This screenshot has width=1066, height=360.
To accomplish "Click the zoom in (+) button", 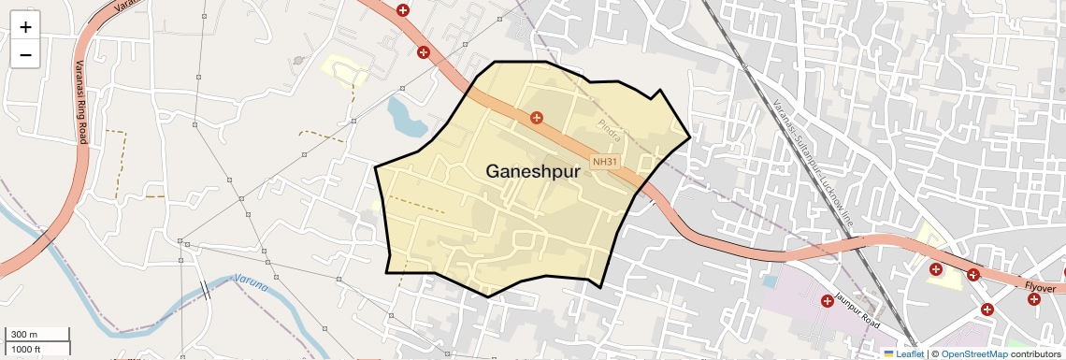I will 25,26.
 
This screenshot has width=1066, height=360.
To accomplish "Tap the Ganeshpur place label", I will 533,172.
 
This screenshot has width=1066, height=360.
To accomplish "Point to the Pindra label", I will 610,125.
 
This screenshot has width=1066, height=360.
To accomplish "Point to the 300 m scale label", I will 24,335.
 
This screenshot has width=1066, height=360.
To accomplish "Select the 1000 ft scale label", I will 26,349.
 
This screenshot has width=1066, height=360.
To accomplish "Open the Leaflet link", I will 903,353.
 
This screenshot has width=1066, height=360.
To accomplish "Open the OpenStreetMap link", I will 973,353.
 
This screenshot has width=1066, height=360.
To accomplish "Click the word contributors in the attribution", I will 1035,353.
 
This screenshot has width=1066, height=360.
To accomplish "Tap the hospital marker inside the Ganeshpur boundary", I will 537,118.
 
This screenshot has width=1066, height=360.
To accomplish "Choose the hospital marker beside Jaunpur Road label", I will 827,301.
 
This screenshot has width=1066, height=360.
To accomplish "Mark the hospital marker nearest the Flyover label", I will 1033,299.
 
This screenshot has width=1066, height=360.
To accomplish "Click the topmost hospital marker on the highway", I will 403,10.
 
